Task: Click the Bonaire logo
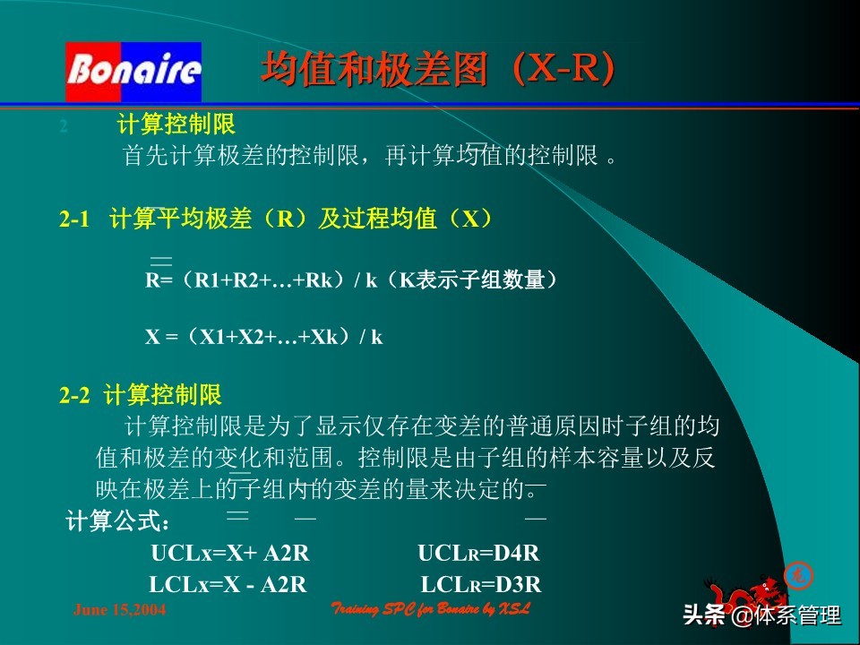(133, 72)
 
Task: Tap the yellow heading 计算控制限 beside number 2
(176, 125)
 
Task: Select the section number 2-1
(75, 219)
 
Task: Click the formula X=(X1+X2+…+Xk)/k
(264, 337)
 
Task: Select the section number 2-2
(74, 394)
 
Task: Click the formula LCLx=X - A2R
(228, 585)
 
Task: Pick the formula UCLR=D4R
(478, 554)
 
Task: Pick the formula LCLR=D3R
(481, 585)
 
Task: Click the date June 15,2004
(119, 610)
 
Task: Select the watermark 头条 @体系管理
(761, 615)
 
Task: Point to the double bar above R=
(161, 261)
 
